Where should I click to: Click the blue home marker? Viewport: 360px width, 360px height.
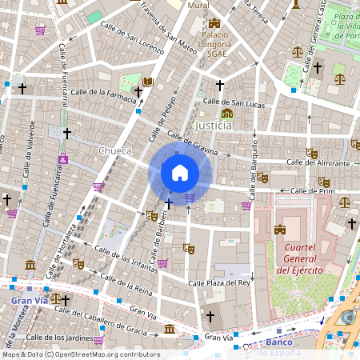pos(180,172)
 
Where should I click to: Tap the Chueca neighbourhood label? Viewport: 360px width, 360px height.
pos(114,150)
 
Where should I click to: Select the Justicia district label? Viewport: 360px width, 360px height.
pos(214,126)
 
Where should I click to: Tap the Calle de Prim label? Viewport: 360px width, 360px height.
pos(312,191)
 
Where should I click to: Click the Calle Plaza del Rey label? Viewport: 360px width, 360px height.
pos(219,283)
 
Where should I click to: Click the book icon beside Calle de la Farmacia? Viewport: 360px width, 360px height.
pos(147,82)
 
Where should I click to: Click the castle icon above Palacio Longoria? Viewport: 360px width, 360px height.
pos(214,23)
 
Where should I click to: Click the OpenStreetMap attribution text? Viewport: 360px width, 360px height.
pos(80,354)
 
